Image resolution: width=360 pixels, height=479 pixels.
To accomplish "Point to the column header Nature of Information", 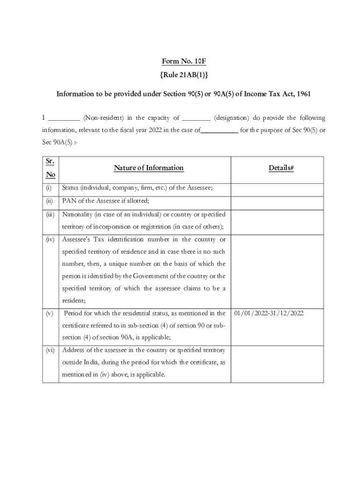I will (149, 168).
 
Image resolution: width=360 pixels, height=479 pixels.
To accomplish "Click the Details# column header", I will (281, 168).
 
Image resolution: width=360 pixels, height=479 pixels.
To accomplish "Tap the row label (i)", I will (49, 188).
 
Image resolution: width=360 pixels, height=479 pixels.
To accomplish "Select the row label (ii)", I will (49, 201).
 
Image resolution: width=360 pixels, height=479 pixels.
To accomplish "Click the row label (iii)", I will (50, 214).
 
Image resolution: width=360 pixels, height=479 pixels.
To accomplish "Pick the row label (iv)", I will (50, 239).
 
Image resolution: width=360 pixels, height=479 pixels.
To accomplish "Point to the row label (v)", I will (49, 313).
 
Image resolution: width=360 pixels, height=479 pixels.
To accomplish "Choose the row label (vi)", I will (50, 350).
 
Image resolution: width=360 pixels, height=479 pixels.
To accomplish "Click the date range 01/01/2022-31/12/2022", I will (269, 313).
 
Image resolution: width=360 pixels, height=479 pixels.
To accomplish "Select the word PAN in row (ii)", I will (69, 201).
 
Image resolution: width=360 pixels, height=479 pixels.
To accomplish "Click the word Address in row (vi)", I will (73, 350).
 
